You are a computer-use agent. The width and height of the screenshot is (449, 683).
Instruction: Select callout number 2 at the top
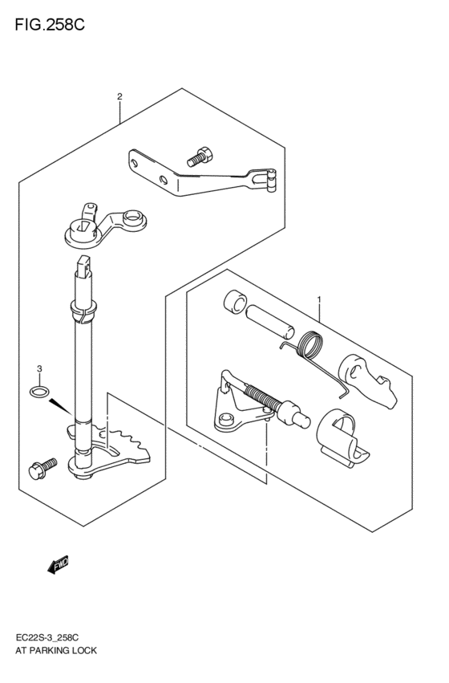click(119, 97)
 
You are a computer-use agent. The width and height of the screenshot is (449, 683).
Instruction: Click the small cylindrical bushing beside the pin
click(234, 303)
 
